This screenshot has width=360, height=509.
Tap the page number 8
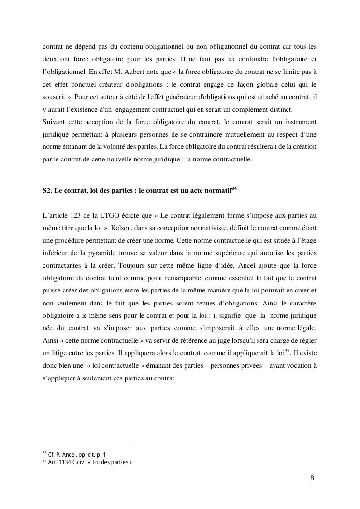[x=312, y=478]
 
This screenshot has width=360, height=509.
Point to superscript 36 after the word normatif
[x=234, y=189]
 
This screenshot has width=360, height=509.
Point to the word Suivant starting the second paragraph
[x=54, y=121]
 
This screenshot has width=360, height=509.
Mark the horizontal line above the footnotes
[x=86, y=448]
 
